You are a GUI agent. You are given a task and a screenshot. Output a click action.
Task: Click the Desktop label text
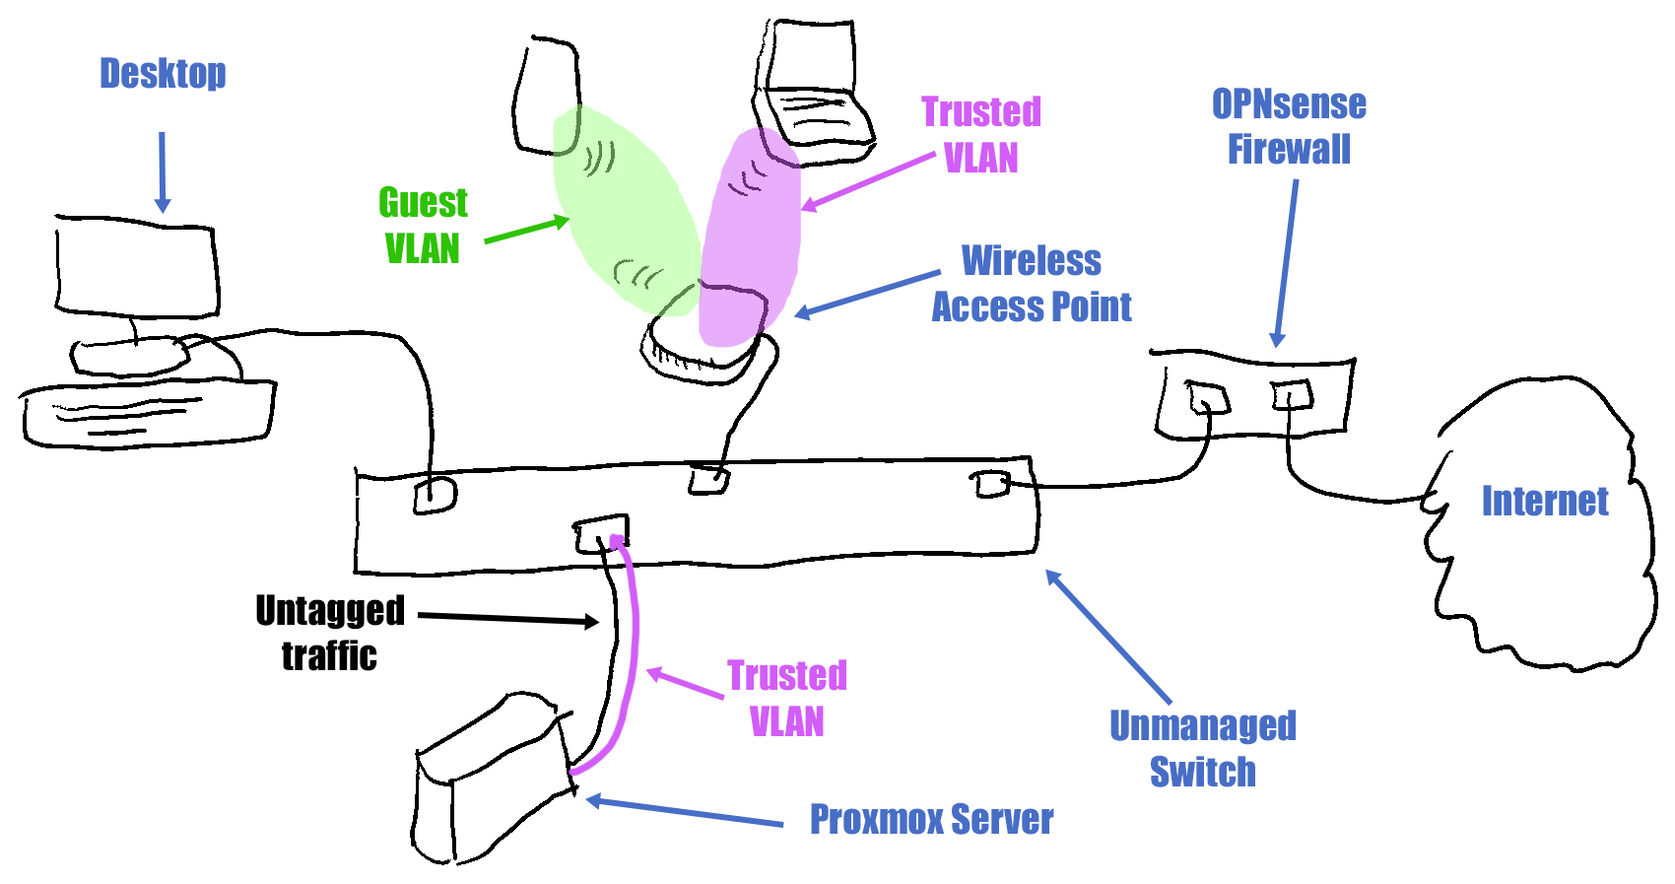(x=163, y=74)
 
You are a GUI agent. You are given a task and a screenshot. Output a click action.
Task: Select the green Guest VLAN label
(x=423, y=226)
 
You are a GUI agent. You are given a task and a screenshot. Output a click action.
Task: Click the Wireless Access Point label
(x=1032, y=284)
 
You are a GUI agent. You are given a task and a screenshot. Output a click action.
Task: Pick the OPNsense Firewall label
(x=1289, y=127)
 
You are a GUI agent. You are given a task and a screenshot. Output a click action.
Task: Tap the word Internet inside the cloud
(x=1544, y=501)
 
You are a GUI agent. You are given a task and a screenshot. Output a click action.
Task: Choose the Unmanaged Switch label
(x=1203, y=748)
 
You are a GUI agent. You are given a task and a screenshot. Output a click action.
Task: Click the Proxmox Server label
(x=931, y=819)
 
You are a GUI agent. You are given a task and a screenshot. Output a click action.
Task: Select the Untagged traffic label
(x=330, y=633)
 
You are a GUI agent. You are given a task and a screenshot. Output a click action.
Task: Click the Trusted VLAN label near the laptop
(x=981, y=135)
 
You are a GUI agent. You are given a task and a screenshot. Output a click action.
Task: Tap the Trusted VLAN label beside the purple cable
(x=787, y=699)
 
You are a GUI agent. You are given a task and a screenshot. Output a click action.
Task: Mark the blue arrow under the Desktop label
(x=163, y=172)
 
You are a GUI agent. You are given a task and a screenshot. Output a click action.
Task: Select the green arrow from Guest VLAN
(x=526, y=230)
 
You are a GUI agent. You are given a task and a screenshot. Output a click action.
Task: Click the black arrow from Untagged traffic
(x=508, y=619)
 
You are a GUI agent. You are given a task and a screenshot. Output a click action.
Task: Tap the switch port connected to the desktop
(x=435, y=495)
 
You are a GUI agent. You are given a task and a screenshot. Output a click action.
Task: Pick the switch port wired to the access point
(x=709, y=480)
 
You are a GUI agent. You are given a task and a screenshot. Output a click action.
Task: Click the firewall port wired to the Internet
(x=1292, y=396)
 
